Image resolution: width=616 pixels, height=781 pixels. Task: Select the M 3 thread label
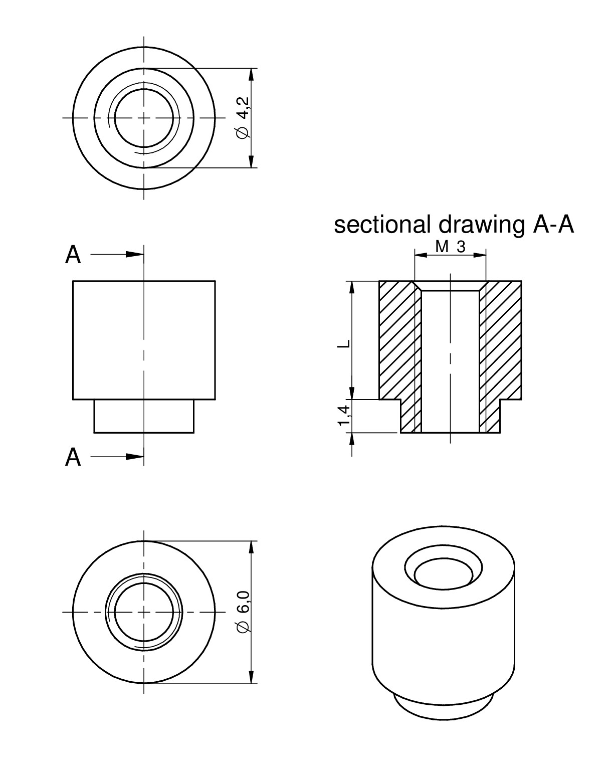click(450, 247)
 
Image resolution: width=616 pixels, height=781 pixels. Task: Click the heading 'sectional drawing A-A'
click(454, 225)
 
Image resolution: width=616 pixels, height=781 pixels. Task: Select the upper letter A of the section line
click(73, 255)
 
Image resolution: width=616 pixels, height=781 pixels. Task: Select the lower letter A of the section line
click(73, 457)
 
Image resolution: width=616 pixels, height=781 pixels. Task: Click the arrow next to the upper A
click(133, 254)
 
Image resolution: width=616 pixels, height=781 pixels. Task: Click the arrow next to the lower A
click(133, 456)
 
